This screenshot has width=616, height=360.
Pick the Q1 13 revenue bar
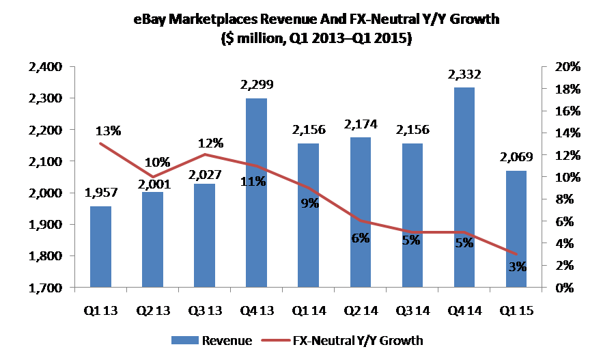100,247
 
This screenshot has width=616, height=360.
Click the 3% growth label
517,266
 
